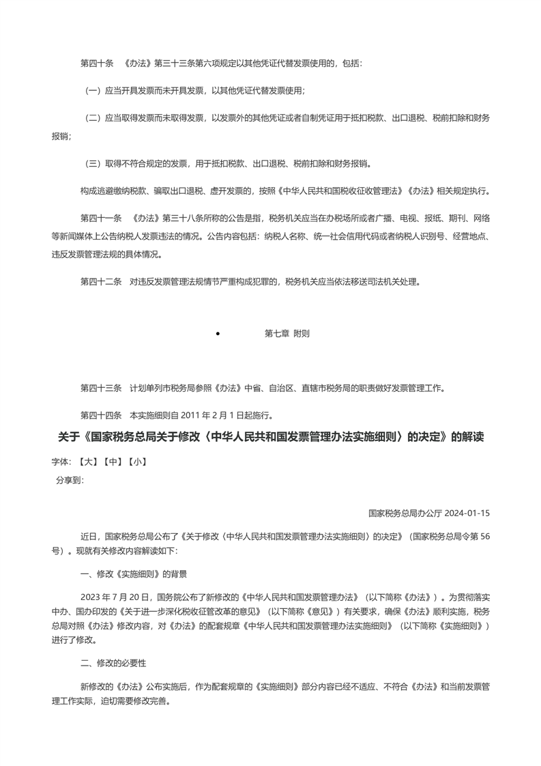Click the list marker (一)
93,91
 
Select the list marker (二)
93,118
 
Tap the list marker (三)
93,163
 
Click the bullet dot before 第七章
218,334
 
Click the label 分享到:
70,480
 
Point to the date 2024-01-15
468,513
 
